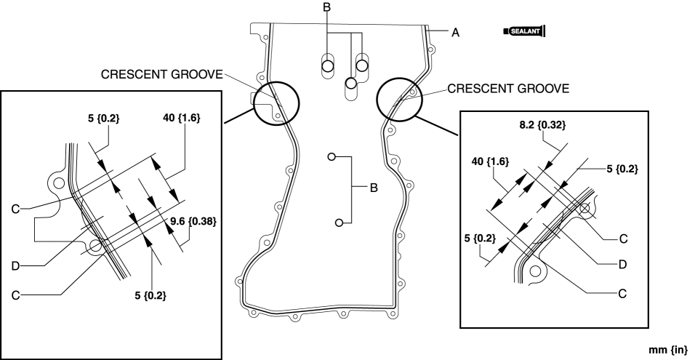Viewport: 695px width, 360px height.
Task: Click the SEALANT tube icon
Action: pyautogui.click(x=524, y=31)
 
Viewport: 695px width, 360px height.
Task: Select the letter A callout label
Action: pyautogui.click(x=455, y=33)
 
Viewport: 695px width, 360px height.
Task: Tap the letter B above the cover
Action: pyautogui.click(x=326, y=7)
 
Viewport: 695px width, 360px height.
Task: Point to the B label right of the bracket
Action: pyautogui.click(x=374, y=188)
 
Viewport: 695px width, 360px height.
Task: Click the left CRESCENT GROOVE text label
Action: pyautogui.click(x=162, y=74)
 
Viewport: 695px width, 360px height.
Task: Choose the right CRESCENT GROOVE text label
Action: pyautogui.click(x=508, y=89)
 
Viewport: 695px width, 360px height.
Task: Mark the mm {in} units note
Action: pyautogui.click(x=668, y=349)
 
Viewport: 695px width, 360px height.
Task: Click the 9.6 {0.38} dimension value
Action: pyautogui.click(x=193, y=221)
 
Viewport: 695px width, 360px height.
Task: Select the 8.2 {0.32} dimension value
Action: pyautogui.click(x=542, y=125)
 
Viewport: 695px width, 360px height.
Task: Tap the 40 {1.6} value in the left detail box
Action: pyautogui.click(x=182, y=118)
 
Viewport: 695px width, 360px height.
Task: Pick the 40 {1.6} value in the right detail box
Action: pyautogui.click(x=490, y=161)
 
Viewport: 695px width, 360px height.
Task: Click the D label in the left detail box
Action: pyautogui.click(x=15, y=266)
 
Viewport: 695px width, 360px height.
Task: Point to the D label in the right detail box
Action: pyautogui.click(x=622, y=265)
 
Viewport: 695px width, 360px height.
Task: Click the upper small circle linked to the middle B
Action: pyautogui.click(x=332, y=156)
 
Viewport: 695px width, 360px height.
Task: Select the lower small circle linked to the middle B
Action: pyautogui.click(x=339, y=223)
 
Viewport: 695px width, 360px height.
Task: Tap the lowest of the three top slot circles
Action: pyautogui.click(x=351, y=83)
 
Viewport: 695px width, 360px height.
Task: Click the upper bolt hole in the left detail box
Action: pyautogui.click(x=57, y=183)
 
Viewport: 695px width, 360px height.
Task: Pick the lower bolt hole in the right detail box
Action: pyautogui.click(x=535, y=270)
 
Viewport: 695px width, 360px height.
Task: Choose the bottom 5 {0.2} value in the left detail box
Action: pyautogui.click(x=150, y=295)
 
